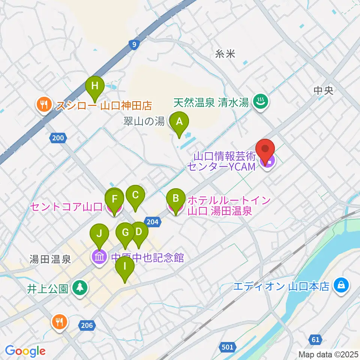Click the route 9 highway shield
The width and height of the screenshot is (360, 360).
pyautogui.click(x=134, y=45)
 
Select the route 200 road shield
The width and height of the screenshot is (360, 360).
pyautogui.click(x=58, y=138)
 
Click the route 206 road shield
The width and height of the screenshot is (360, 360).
pyautogui.click(x=86, y=325)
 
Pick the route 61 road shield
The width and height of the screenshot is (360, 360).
pyautogui.click(x=316, y=340)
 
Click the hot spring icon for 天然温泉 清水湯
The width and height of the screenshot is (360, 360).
pyautogui.click(x=259, y=101)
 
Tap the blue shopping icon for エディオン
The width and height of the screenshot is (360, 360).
pyautogui.click(x=341, y=286)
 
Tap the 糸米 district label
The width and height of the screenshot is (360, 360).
pyautogui.click(x=225, y=54)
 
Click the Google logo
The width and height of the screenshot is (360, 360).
pyautogui.click(x=25, y=351)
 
